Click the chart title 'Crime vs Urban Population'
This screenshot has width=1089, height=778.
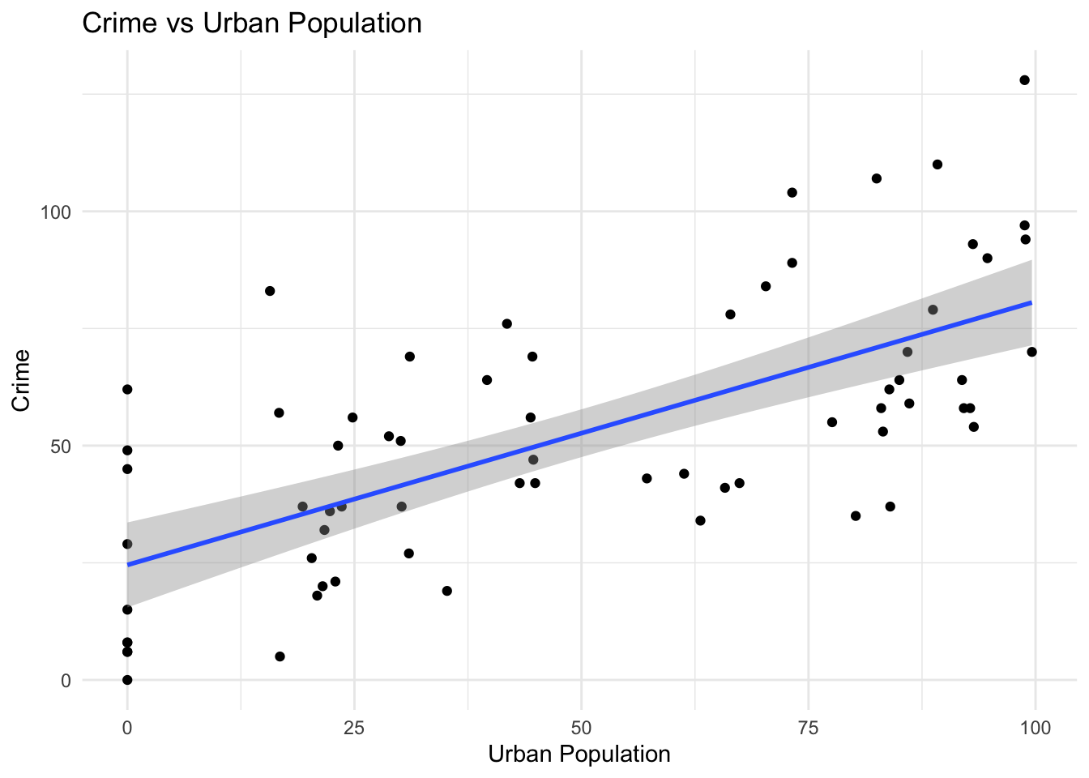click(252, 23)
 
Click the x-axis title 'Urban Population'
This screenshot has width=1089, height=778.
click(579, 754)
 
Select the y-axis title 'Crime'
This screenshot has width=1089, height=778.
click(22, 380)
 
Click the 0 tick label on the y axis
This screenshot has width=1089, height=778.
click(66, 681)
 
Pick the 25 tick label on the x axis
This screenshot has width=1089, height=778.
click(353, 728)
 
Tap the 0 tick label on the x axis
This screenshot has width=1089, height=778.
click(127, 728)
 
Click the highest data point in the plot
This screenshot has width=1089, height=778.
click(1024, 80)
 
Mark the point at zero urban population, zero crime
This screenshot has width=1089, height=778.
click(127, 680)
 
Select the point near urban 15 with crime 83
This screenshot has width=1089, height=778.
click(270, 291)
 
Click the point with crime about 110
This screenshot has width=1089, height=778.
click(937, 165)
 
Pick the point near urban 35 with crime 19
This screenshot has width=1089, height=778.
click(446, 591)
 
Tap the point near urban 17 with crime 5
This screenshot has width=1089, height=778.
click(280, 656)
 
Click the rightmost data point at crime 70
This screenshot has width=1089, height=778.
click(1031, 352)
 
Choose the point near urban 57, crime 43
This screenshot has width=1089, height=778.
click(647, 478)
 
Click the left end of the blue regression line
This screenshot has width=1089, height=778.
click(128, 564)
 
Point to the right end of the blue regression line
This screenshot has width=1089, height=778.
click(1031, 302)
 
